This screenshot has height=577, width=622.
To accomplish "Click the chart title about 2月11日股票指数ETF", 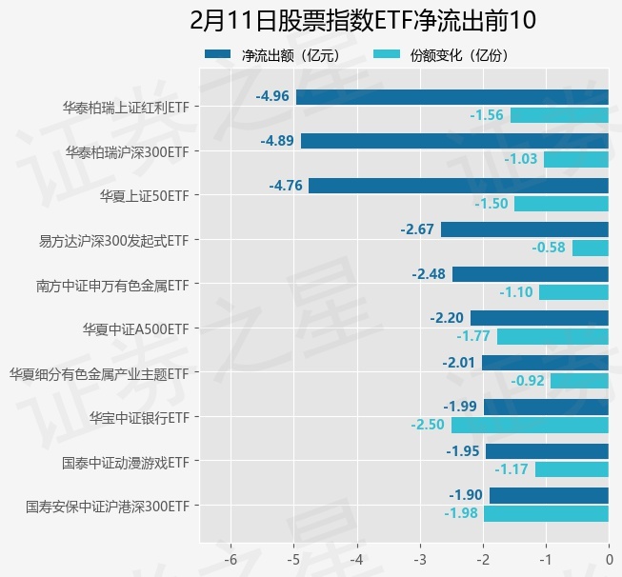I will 362,20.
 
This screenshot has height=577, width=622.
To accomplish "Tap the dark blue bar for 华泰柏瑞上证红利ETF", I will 451,96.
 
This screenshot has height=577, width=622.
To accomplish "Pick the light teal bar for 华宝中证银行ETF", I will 530,425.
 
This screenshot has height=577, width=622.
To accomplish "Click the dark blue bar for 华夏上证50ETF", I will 458,186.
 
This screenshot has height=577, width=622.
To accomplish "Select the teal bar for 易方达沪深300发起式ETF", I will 590,248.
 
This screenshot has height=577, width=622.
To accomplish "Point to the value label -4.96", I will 272,96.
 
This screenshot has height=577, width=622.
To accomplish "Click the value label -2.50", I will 428,425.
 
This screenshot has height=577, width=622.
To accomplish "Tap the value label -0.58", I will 549,248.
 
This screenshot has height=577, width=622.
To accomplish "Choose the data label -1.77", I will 472,336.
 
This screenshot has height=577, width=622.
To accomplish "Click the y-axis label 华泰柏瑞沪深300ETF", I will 127,151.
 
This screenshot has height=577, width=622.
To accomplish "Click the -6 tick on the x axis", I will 230,560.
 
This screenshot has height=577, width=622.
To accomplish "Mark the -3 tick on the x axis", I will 419,560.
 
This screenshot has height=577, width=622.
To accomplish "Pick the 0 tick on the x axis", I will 609,560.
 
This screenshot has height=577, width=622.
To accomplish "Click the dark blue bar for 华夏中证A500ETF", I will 539,318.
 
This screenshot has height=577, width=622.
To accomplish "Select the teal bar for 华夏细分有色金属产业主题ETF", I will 579,381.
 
